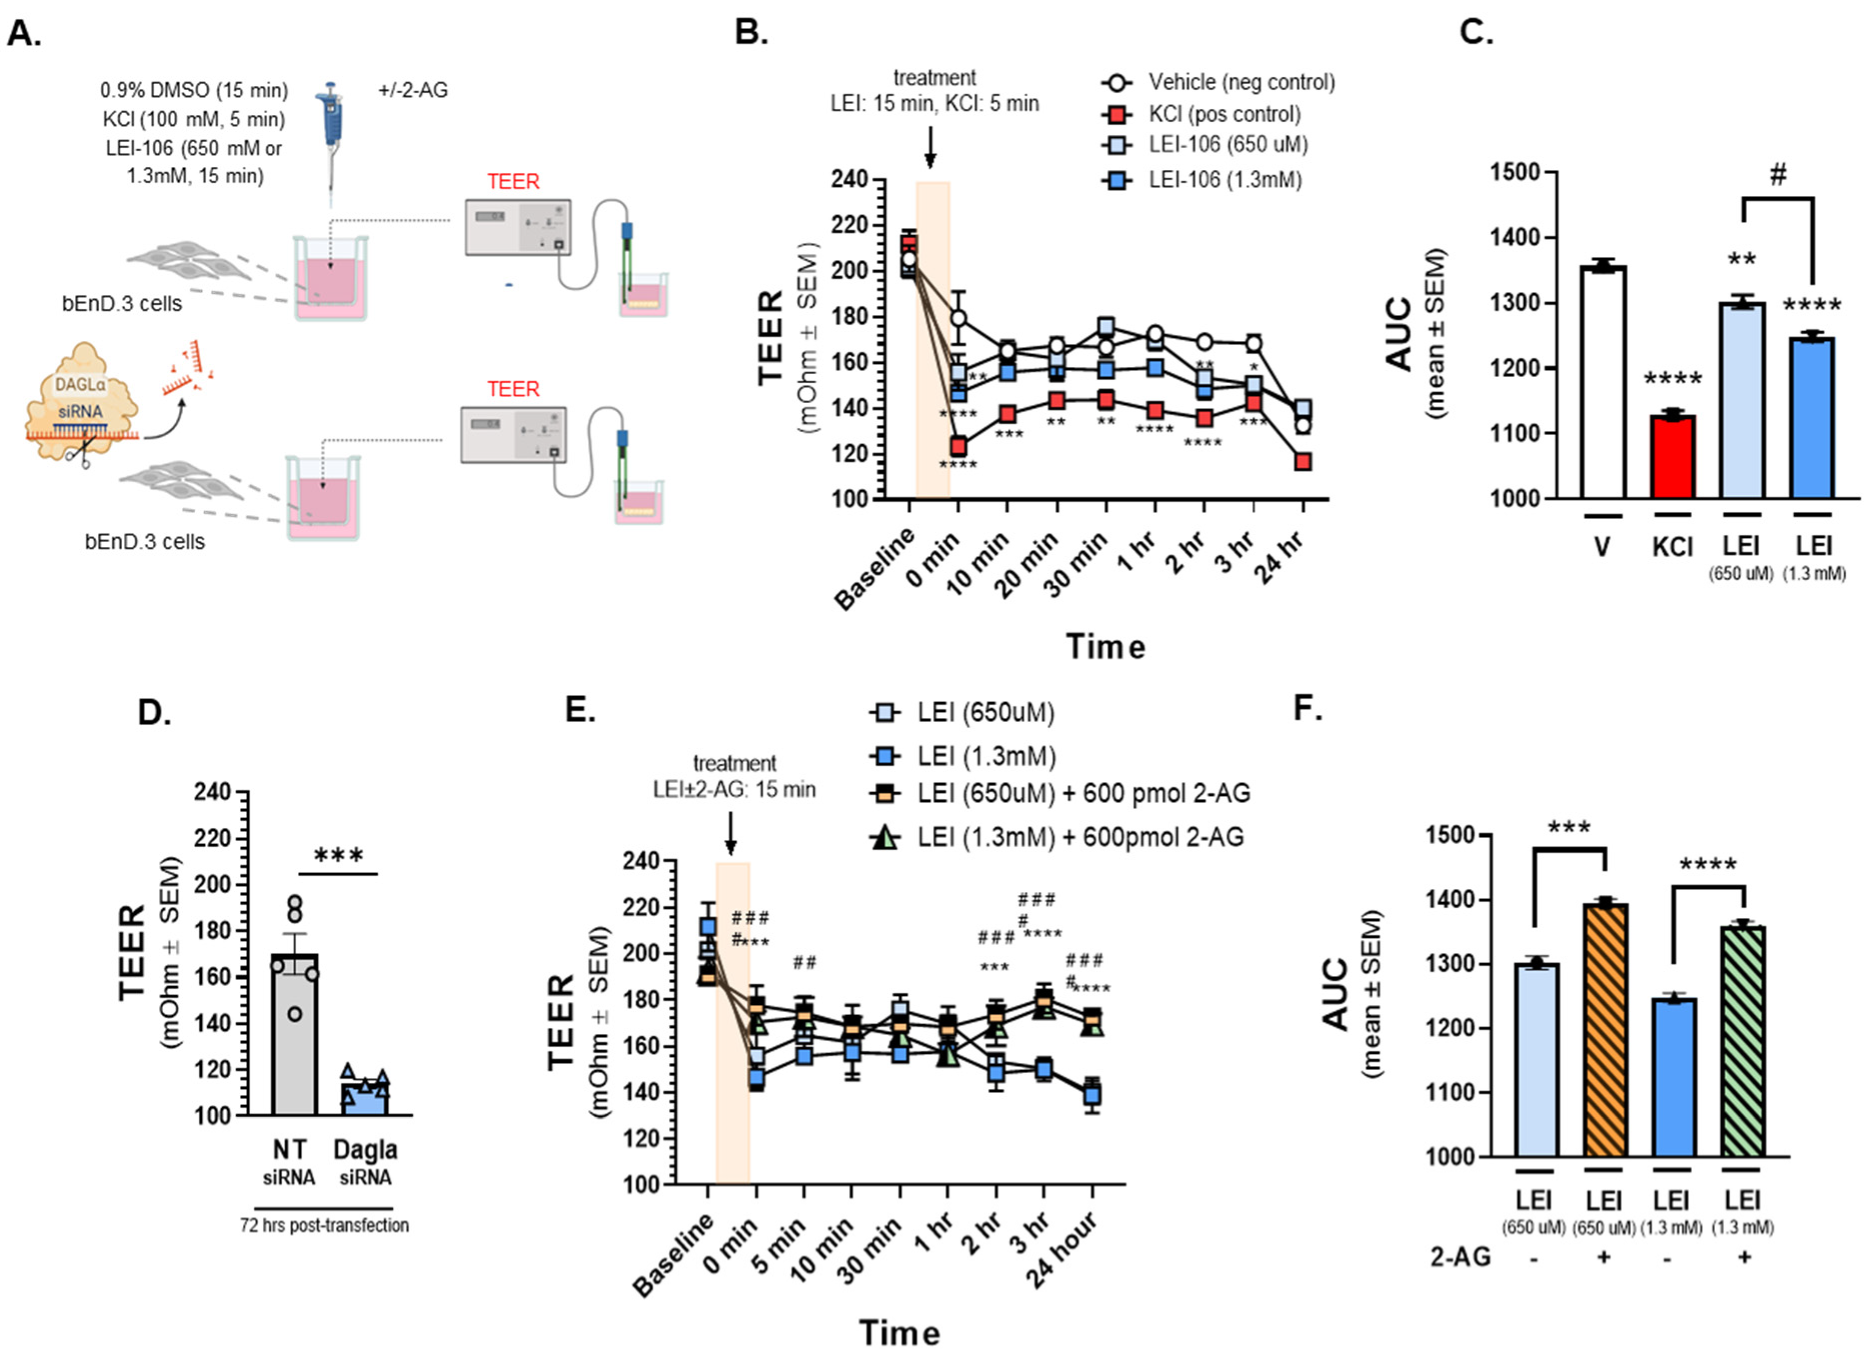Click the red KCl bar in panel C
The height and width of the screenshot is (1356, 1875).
pos(1672,457)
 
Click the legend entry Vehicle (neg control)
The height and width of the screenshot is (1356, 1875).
pos(1241,82)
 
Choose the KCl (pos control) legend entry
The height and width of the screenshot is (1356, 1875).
pos(1224,114)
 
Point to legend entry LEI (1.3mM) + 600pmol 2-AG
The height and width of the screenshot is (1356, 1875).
pos(1079,837)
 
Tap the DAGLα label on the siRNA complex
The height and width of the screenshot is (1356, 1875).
pos(80,384)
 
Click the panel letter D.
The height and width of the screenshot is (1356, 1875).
pos(154,711)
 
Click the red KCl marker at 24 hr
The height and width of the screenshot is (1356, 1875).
pos(1303,461)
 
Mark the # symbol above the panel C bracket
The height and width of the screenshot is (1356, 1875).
pos(1778,174)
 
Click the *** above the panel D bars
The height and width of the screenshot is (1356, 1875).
pos(339,855)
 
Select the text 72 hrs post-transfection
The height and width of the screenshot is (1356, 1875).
pos(325,1225)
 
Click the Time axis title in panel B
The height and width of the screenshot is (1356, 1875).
pos(1105,646)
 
